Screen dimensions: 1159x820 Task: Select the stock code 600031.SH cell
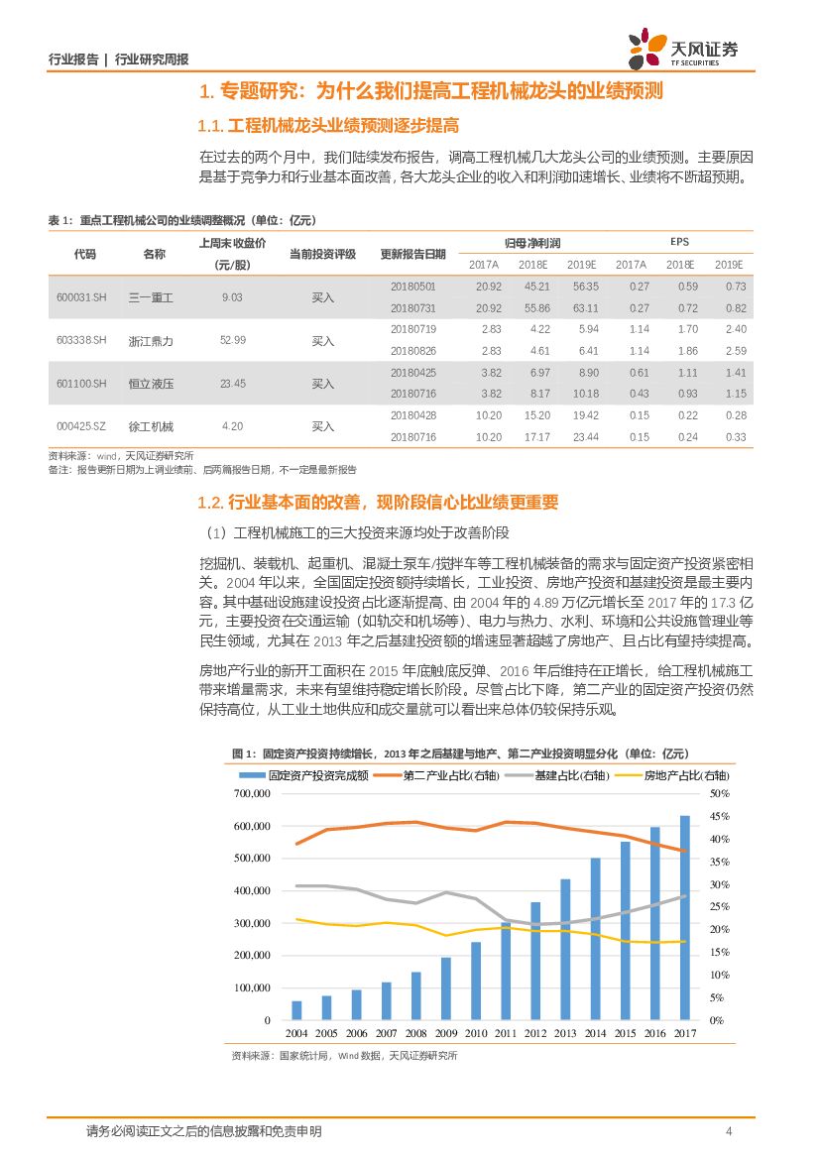85,297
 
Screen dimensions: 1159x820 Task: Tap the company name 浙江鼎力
151,340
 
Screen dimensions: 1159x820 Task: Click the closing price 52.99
232,340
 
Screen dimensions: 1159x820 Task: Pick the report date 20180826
412,351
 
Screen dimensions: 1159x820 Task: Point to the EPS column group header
678,242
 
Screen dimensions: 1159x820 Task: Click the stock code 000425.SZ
85,426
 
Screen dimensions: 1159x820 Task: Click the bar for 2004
296,1009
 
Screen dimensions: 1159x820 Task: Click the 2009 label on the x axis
445,1034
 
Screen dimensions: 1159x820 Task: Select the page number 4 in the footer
729,1131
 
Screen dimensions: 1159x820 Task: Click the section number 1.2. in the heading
211,503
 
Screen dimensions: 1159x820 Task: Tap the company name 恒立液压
151,384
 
